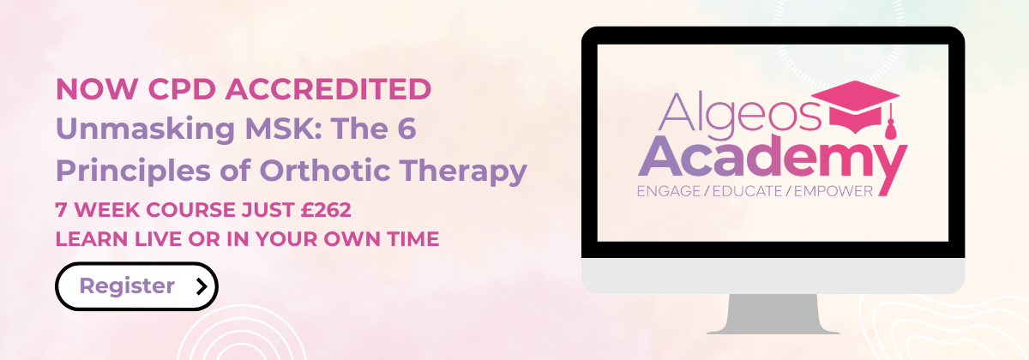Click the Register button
[x=136, y=286]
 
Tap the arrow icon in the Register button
[x=202, y=286]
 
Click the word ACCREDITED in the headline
[x=328, y=89]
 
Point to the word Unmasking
[x=146, y=129]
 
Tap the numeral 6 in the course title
[x=406, y=129]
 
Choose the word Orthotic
[x=325, y=171]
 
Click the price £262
[x=326, y=210]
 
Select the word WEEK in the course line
[x=107, y=210]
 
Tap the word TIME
[x=413, y=239]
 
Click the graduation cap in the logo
[x=856, y=108]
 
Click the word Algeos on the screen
[x=739, y=113]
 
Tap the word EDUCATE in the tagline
[x=748, y=191]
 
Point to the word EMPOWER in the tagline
[x=833, y=191]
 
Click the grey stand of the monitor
[x=773, y=314]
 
